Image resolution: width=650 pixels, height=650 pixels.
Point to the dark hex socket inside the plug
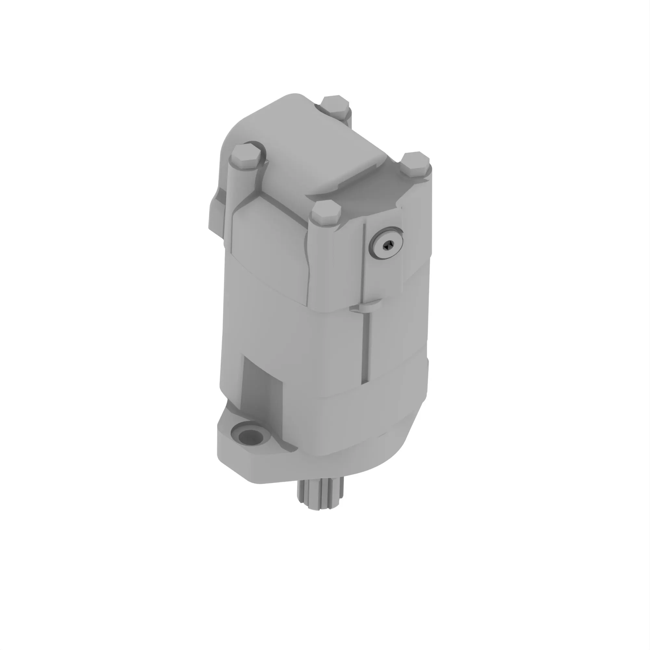[388, 247]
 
